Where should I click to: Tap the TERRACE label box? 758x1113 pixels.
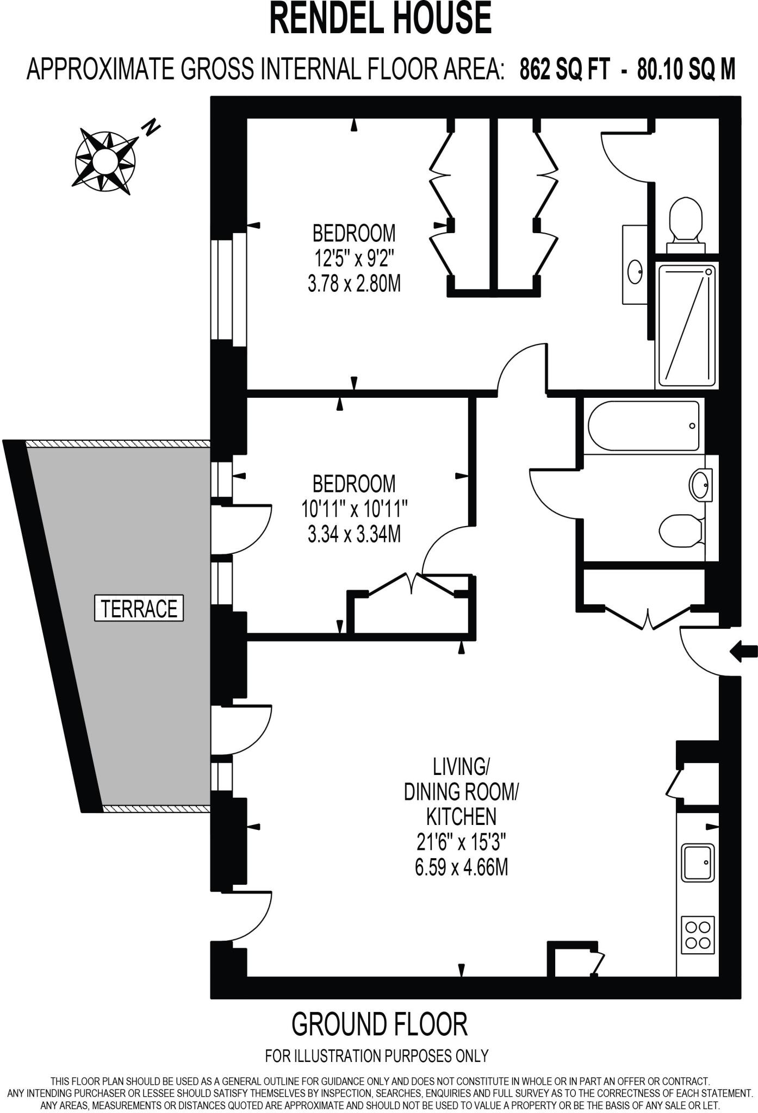pos(139,608)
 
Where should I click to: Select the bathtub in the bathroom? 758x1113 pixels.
pos(643,426)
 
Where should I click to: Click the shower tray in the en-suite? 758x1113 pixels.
pos(686,324)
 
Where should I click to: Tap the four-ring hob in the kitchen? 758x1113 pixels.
pos(698,934)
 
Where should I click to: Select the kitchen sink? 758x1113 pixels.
pos(698,862)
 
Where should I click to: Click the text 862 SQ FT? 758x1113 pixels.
pos(564,70)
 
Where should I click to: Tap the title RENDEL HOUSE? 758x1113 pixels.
pos(380,18)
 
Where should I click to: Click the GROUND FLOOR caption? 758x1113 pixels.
pos(379,1024)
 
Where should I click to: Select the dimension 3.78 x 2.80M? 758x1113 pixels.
pos(354,284)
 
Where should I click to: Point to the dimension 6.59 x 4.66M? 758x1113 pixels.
pos(461,868)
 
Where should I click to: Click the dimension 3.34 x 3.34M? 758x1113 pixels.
pos(354,535)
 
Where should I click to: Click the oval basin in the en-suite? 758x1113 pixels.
pos(635,271)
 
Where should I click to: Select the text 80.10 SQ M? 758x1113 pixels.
pos(686,70)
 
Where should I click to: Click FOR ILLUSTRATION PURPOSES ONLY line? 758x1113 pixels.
pos(377,1056)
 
